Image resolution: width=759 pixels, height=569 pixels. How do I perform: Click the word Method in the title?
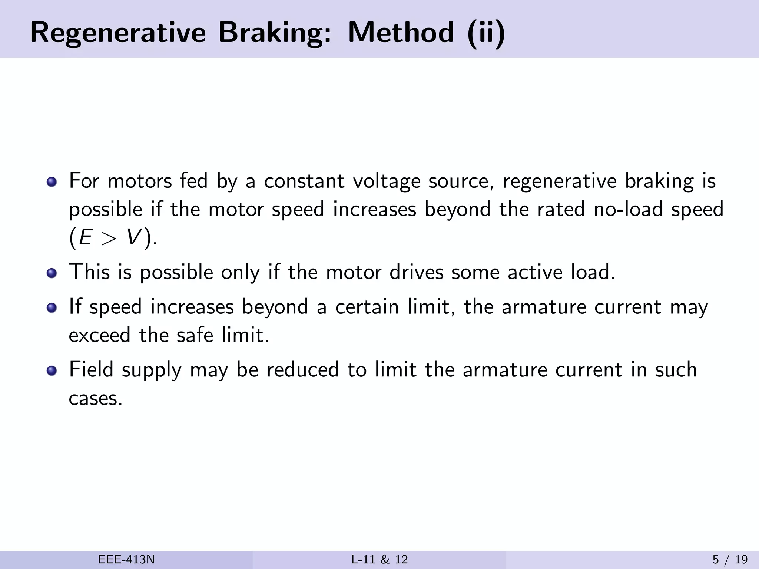click(x=401, y=33)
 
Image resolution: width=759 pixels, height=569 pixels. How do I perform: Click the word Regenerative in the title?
click(x=117, y=33)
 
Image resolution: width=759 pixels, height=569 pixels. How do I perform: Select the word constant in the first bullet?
click(x=304, y=181)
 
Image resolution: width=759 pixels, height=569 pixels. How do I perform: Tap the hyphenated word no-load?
click(x=628, y=209)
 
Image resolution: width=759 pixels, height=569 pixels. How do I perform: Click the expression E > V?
click(x=110, y=237)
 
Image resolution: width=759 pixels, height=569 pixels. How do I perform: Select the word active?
click(x=535, y=272)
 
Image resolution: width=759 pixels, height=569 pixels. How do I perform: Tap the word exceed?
click(x=100, y=335)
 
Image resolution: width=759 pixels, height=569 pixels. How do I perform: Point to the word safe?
click(x=195, y=335)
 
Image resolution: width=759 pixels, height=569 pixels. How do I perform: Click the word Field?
click(x=91, y=370)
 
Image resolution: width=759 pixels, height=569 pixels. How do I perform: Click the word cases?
click(x=95, y=399)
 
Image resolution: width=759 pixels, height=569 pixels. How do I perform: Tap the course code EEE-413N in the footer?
click(x=126, y=560)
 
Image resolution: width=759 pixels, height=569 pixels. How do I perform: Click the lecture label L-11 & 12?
click(x=379, y=560)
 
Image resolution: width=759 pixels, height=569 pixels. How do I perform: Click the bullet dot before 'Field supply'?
click(x=52, y=370)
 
